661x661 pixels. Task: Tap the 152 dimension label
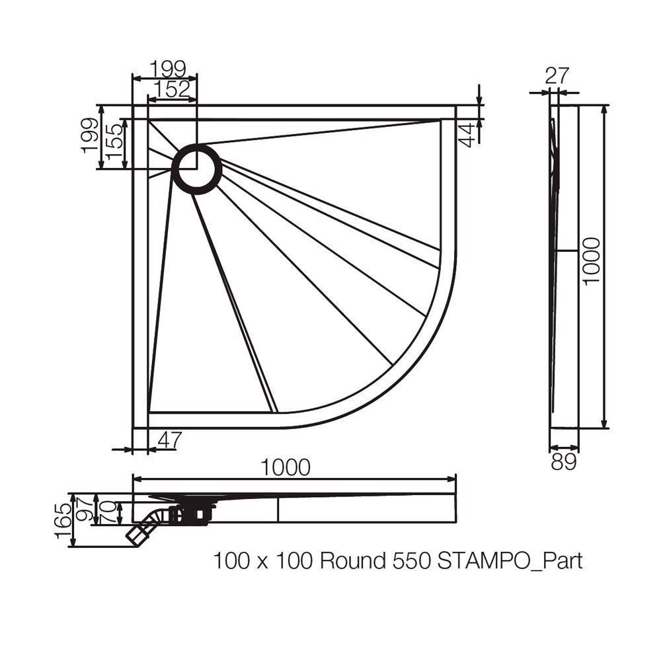click(172, 89)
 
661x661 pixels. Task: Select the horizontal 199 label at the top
click(168, 68)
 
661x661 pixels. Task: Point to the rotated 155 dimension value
click(114, 141)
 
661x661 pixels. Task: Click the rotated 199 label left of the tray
click(89, 136)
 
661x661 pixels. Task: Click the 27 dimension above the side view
click(557, 76)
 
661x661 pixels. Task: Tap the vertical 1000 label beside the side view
click(591, 261)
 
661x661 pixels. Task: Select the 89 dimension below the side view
click(564, 463)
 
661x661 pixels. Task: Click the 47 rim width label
click(170, 440)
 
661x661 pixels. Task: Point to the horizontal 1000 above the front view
click(286, 467)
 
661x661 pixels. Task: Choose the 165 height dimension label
click(63, 521)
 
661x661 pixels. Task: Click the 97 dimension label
click(85, 509)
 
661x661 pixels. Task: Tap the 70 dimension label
click(109, 512)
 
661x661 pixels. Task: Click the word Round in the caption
click(353, 561)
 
